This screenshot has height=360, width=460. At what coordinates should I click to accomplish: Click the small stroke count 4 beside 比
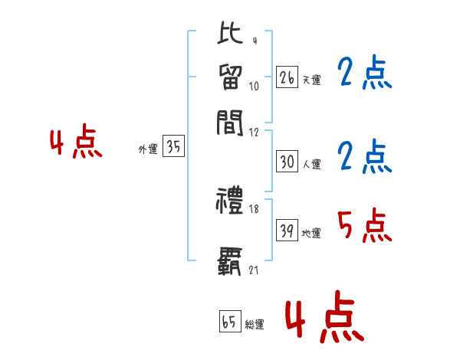tap(254, 41)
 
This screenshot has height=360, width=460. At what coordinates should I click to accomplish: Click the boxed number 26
tap(287, 77)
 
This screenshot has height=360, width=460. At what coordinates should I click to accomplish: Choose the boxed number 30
tap(287, 162)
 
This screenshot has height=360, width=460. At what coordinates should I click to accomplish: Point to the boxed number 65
tap(228, 322)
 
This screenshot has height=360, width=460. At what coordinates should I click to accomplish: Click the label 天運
tap(311, 80)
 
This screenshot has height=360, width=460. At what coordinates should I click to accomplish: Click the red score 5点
tap(364, 227)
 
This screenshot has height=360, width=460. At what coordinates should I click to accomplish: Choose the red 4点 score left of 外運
tap(76, 143)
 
